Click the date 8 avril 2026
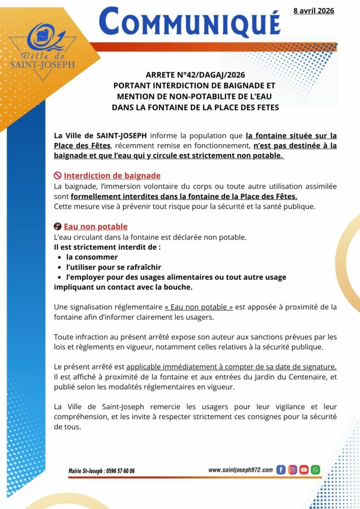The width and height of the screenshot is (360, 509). coord(313,10)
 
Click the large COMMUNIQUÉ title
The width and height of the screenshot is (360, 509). coord(189,22)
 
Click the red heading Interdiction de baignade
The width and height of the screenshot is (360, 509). coord(112,176)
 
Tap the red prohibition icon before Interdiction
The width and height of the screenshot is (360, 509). coord(58,176)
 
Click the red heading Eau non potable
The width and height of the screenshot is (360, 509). coord(95,227)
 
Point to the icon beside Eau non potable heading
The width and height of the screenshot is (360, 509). coord(58,227)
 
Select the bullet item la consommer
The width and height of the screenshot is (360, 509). coord(92,257)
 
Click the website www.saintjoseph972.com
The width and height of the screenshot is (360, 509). coord(240,470)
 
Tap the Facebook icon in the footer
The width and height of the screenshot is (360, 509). coord(280,470)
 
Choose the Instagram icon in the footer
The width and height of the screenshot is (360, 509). coord(292,470)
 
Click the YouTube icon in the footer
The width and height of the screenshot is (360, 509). coord(304,470)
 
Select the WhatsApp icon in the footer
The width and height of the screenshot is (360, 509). coord(315,470)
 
